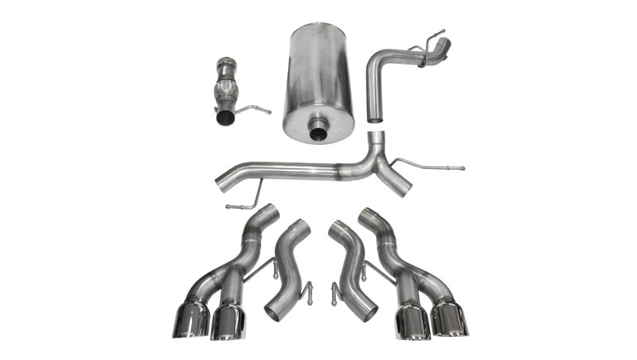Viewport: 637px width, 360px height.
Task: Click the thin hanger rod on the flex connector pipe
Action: click(x=253, y=108)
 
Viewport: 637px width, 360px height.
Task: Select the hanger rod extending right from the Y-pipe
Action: click(x=434, y=167)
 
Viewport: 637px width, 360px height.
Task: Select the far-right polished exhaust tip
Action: click(x=450, y=319)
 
